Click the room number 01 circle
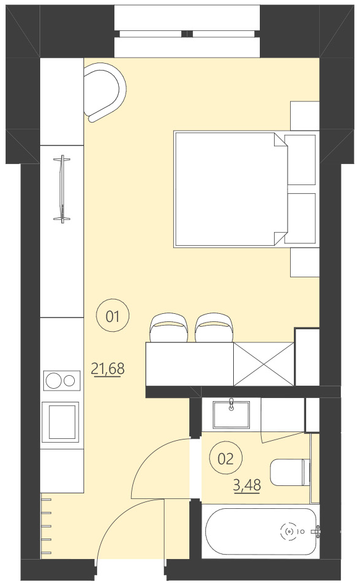[x=113, y=317]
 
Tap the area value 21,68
[x=108, y=370]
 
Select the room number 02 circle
[x=226, y=459]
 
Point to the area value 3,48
[x=246, y=485]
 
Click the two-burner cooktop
[x=62, y=379]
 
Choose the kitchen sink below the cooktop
[x=61, y=422]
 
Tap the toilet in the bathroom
[x=289, y=472]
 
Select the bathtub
[x=262, y=531]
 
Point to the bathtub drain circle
[x=289, y=531]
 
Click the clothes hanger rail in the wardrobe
[x=61, y=189]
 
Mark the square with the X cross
[x=263, y=364]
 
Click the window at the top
[x=187, y=33]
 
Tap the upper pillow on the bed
[x=302, y=159]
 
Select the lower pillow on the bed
[x=302, y=218]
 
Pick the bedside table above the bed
[x=304, y=115]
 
